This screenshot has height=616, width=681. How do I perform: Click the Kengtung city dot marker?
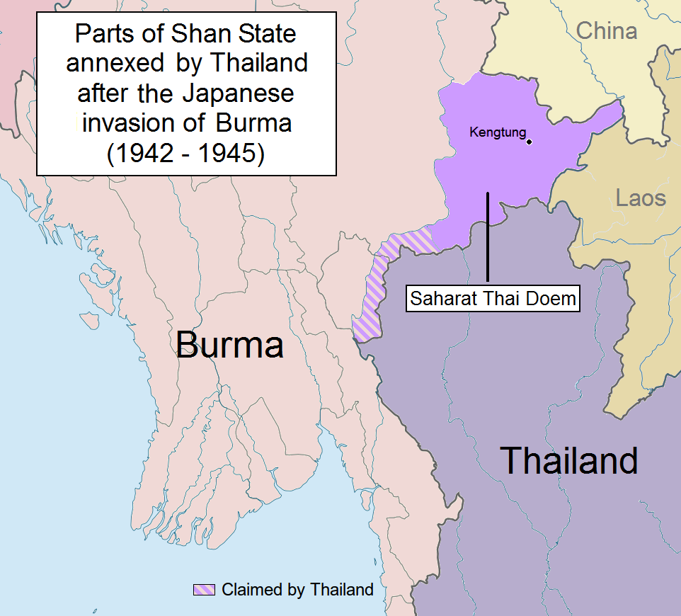pos(529,141)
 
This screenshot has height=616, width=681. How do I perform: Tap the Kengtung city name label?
pos(498,132)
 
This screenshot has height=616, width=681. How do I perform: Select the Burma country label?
pos(229,346)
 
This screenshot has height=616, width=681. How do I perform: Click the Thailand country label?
pos(569,460)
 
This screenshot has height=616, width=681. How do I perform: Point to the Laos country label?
pos(641,197)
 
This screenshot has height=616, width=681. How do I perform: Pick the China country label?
pos(606,31)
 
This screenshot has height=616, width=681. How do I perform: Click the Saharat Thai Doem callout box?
pos(493,299)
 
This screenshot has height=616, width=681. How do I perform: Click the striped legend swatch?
pos(204,589)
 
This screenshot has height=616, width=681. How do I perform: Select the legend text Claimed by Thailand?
pos(297,589)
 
